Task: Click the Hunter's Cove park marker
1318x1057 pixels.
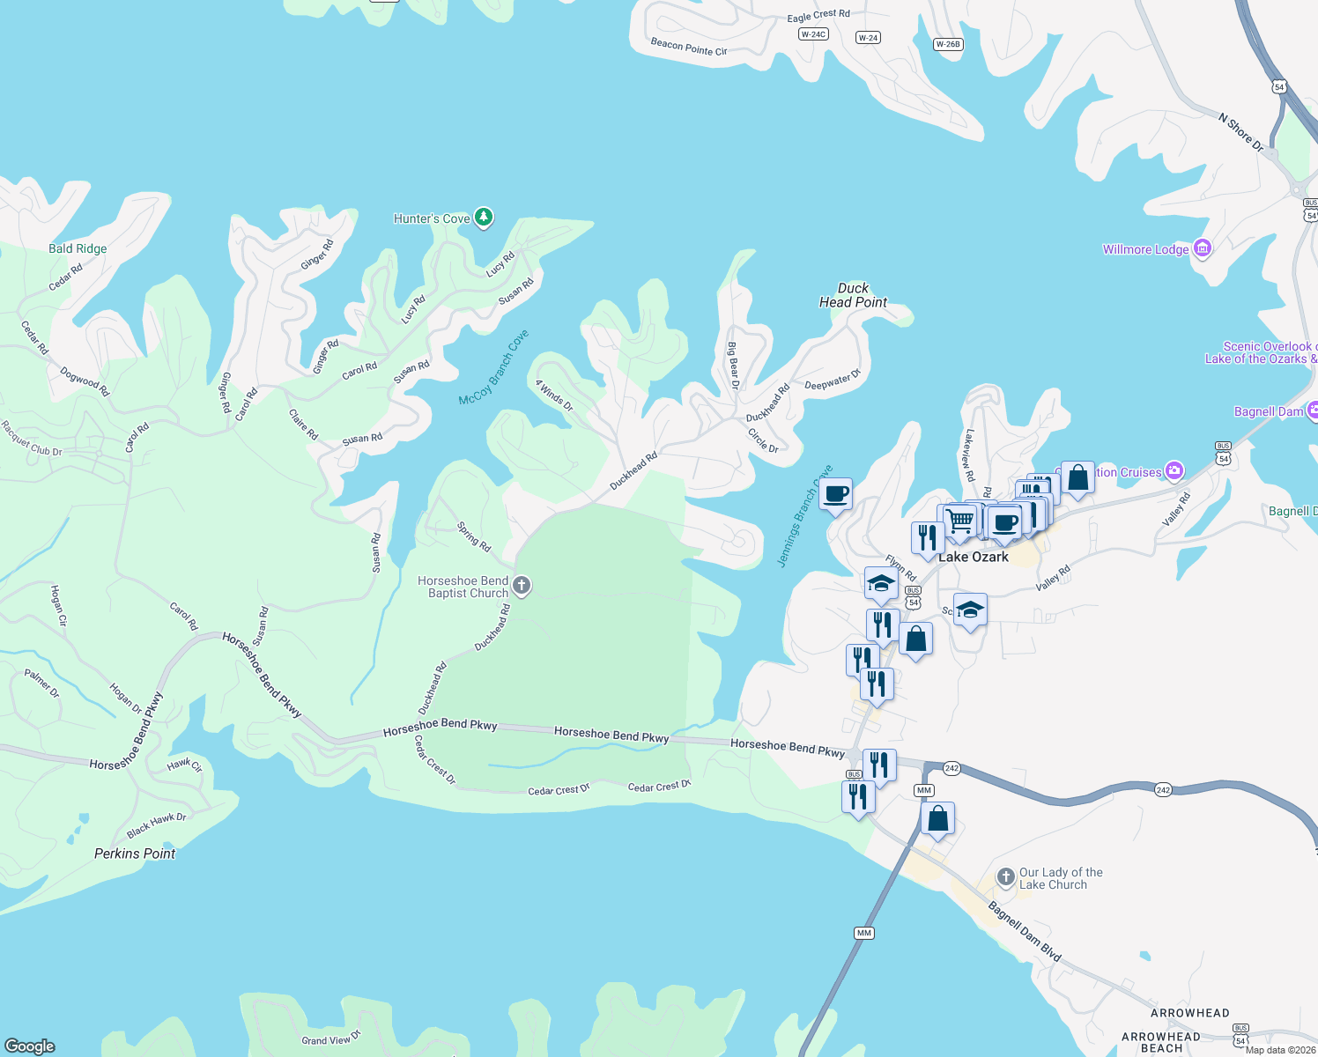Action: coord(483,217)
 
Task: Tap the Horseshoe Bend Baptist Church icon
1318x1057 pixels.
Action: coord(522,586)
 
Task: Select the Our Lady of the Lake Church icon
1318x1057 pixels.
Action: coord(1006,876)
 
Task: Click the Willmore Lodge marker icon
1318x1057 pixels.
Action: coord(1202,248)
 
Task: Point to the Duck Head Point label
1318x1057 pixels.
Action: coord(853,295)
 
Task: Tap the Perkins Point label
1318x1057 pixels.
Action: coord(135,854)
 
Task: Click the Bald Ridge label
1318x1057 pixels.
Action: coord(78,248)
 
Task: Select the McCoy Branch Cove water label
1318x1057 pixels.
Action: coord(493,368)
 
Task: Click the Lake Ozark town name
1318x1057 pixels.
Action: coord(974,557)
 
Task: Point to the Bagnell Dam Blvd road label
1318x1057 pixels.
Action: coord(1025,930)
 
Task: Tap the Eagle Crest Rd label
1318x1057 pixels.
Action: coord(818,16)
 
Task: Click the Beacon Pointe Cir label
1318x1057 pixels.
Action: coord(689,47)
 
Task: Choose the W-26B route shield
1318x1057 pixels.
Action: coord(948,44)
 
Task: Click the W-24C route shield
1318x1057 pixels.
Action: coord(812,34)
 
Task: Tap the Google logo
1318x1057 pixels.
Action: coord(30,1046)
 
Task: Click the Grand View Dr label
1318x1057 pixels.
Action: coord(331,1039)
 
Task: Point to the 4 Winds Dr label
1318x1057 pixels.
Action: coord(554,395)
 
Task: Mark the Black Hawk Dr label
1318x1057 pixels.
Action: coord(156,825)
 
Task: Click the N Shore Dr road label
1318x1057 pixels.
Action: coord(1241,132)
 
